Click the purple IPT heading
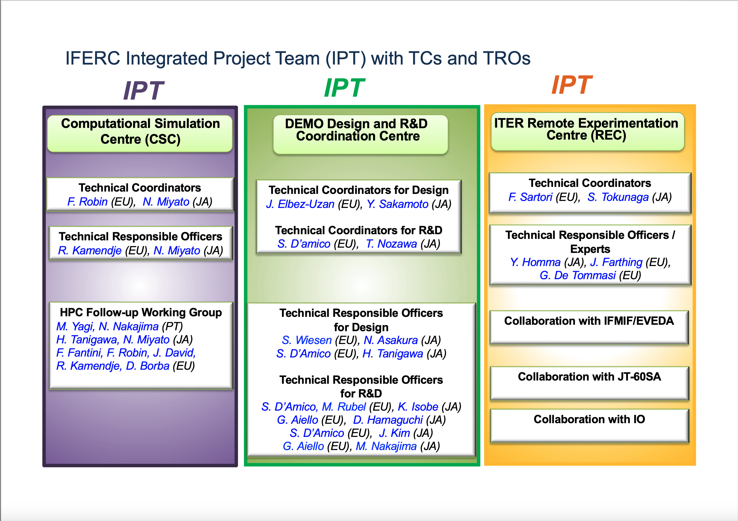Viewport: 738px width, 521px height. [143, 91]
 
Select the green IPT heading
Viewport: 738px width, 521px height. [344, 88]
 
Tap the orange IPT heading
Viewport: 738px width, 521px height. [572, 85]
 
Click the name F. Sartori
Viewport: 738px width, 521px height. [530, 197]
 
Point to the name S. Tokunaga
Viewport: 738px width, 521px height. [618, 197]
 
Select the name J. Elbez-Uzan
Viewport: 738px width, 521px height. [300, 204]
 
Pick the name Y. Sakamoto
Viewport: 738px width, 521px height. [397, 204]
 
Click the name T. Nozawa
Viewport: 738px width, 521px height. [391, 244]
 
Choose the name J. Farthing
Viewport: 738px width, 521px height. [616, 263]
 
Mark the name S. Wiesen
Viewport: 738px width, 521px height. [307, 340]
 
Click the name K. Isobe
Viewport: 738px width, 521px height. [418, 407]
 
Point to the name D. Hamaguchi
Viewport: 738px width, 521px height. [388, 420]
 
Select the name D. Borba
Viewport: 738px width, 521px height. [147, 366]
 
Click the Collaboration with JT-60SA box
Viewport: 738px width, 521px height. [589, 383]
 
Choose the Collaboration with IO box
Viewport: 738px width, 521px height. [589, 426]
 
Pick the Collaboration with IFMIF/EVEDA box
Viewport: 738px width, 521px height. [589, 327]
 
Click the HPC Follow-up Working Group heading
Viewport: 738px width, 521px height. [141, 312]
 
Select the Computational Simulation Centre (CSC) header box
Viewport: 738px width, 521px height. [140, 133]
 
